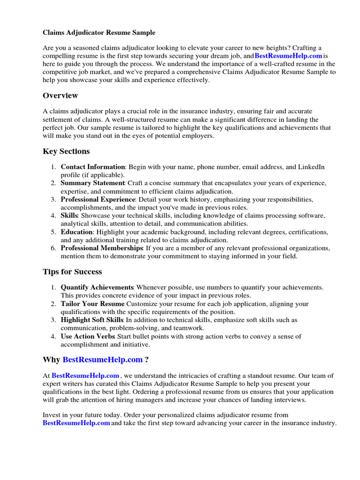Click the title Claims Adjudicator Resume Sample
tap(99, 33)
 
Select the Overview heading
tap(60, 96)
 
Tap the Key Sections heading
tap(66, 151)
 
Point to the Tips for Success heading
tap(72, 272)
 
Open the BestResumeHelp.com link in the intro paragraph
tap(288, 56)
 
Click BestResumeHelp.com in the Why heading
tap(102, 360)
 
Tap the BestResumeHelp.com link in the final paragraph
tap(76, 423)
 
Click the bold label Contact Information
tap(93, 167)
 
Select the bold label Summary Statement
tap(92, 183)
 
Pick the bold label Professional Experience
tap(97, 199)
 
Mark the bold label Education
tap(77, 232)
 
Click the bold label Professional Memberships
tap(102, 248)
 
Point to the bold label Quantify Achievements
tap(97, 287)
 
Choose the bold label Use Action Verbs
tap(87, 336)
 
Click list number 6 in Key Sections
tap(53, 248)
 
